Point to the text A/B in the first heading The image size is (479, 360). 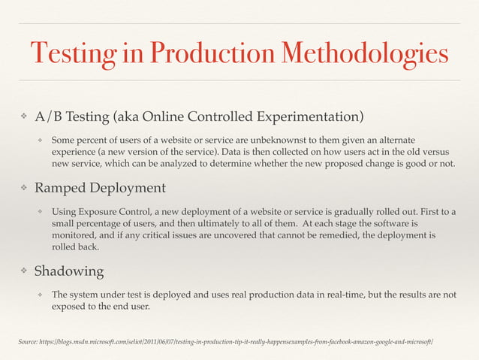(x=50, y=116)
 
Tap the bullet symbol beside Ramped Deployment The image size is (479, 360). (x=24, y=187)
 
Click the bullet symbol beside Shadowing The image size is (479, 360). (x=24, y=271)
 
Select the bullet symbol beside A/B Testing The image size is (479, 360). (x=24, y=116)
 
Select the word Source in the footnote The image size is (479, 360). (x=31, y=343)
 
